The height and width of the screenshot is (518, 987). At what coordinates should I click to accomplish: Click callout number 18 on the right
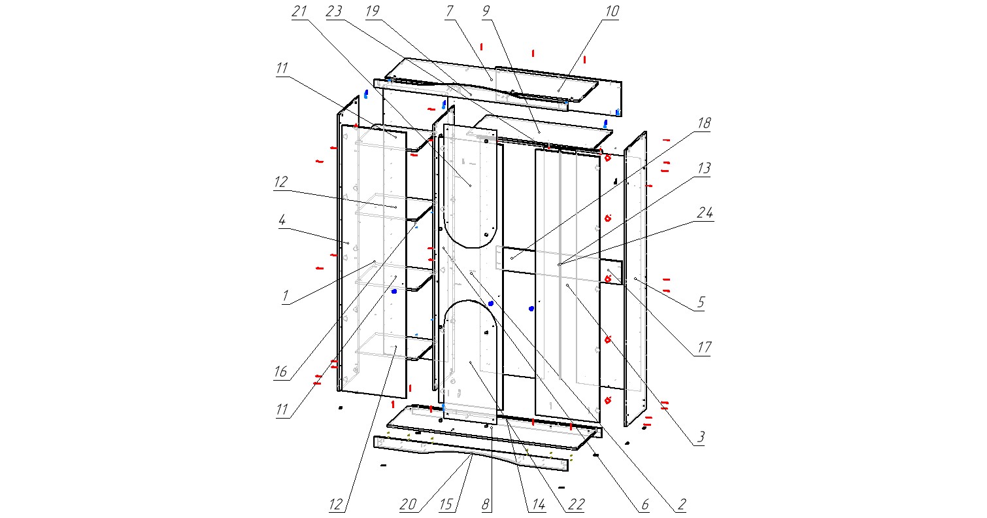point(703,124)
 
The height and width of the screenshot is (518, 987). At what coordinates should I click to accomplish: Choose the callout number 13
point(703,168)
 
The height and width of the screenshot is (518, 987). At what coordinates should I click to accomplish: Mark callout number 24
point(703,213)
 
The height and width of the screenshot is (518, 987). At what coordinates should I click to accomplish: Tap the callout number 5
point(700,302)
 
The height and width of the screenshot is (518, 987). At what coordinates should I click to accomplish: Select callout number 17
point(703,347)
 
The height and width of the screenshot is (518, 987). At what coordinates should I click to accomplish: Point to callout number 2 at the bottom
point(681,504)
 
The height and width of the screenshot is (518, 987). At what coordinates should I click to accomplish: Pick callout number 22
point(576,504)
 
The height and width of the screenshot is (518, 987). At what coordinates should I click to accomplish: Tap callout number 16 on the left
point(280,373)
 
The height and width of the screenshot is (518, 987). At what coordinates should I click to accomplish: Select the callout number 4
point(281,221)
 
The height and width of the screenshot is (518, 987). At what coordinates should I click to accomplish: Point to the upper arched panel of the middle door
point(471,196)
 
